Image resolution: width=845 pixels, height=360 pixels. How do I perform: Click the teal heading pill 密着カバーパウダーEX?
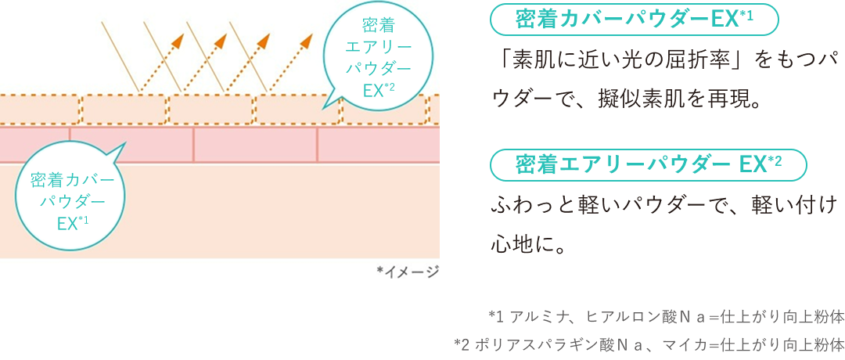click(x=634, y=20)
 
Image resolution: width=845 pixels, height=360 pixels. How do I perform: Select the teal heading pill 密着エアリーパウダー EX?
click(x=648, y=164)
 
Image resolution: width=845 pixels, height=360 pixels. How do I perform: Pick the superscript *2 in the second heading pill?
click(x=774, y=160)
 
